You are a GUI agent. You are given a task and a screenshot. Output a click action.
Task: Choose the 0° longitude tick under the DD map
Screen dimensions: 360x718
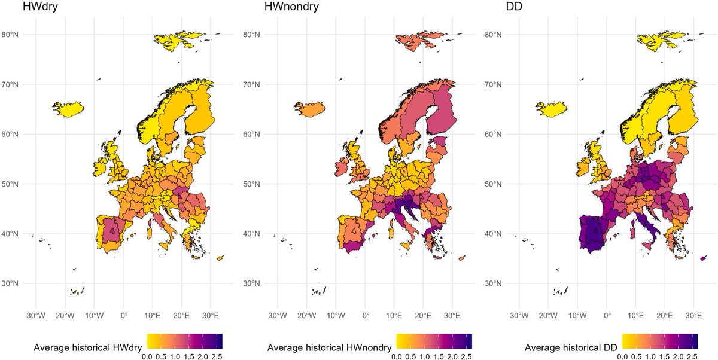point(607,315)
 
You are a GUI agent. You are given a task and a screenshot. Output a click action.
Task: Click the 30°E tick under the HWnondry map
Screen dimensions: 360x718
point(452,315)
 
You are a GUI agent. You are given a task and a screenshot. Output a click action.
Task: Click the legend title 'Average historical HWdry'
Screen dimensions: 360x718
point(74,347)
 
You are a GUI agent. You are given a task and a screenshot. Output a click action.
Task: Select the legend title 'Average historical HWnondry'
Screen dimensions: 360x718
point(329,347)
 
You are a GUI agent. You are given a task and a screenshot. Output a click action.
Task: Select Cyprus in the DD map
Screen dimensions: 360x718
point(704,258)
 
